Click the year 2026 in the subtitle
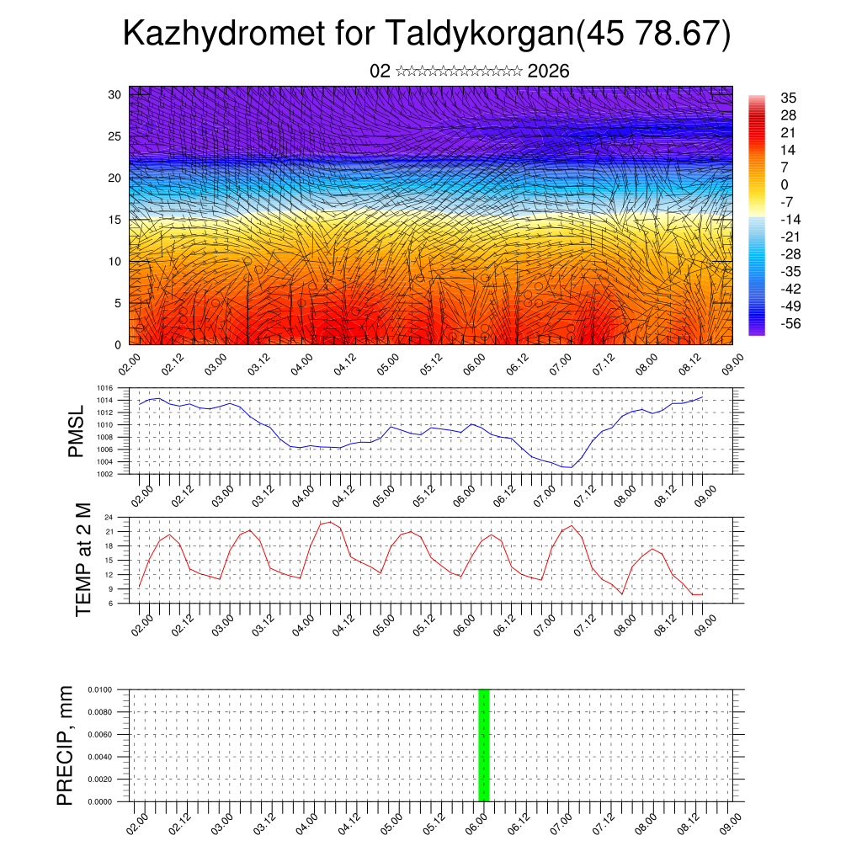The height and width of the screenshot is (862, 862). pyautogui.click(x=549, y=71)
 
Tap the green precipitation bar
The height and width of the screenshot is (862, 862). pyautogui.click(x=483, y=745)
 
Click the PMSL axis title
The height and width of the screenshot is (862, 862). pyautogui.click(x=77, y=431)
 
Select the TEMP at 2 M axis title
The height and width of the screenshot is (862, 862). pyautogui.click(x=82, y=559)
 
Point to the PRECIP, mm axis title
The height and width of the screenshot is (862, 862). pyautogui.click(x=66, y=745)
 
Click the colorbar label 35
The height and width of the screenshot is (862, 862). pyautogui.click(x=789, y=98)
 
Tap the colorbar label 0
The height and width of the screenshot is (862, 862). pyautogui.click(x=785, y=184)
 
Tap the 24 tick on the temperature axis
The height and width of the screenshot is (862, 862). pyautogui.click(x=118, y=517)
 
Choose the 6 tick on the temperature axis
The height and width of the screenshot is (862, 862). pyautogui.click(x=120, y=603)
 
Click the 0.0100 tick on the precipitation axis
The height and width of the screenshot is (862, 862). pyautogui.click(x=108, y=689)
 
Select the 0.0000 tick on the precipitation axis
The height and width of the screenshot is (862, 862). pyautogui.click(x=108, y=801)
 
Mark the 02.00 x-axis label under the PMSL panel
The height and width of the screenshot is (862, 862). pyautogui.click(x=142, y=492)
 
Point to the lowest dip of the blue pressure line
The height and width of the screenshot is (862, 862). pyautogui.click(x=571, y=466)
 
